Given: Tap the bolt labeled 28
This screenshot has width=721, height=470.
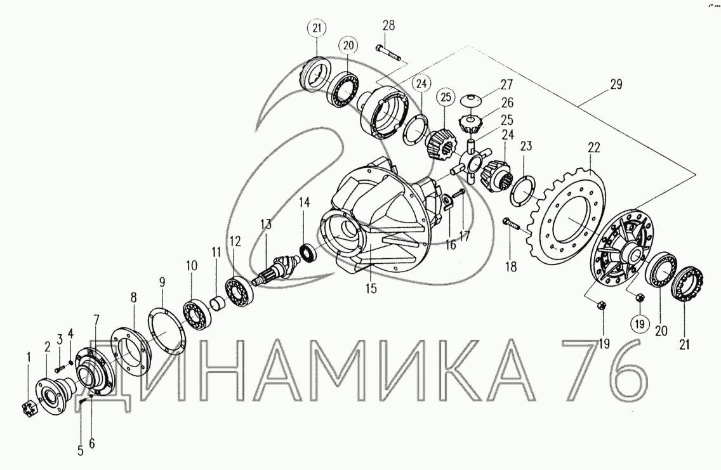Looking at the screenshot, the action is coord(388,53).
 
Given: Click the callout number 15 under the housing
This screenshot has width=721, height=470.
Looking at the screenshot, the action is coord(371,289).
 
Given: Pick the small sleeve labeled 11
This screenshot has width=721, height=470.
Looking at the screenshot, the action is coord(218,303).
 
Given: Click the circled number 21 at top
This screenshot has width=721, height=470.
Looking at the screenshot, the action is coord(317,28).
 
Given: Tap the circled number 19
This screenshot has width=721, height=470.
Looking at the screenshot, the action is coord(640,324).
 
